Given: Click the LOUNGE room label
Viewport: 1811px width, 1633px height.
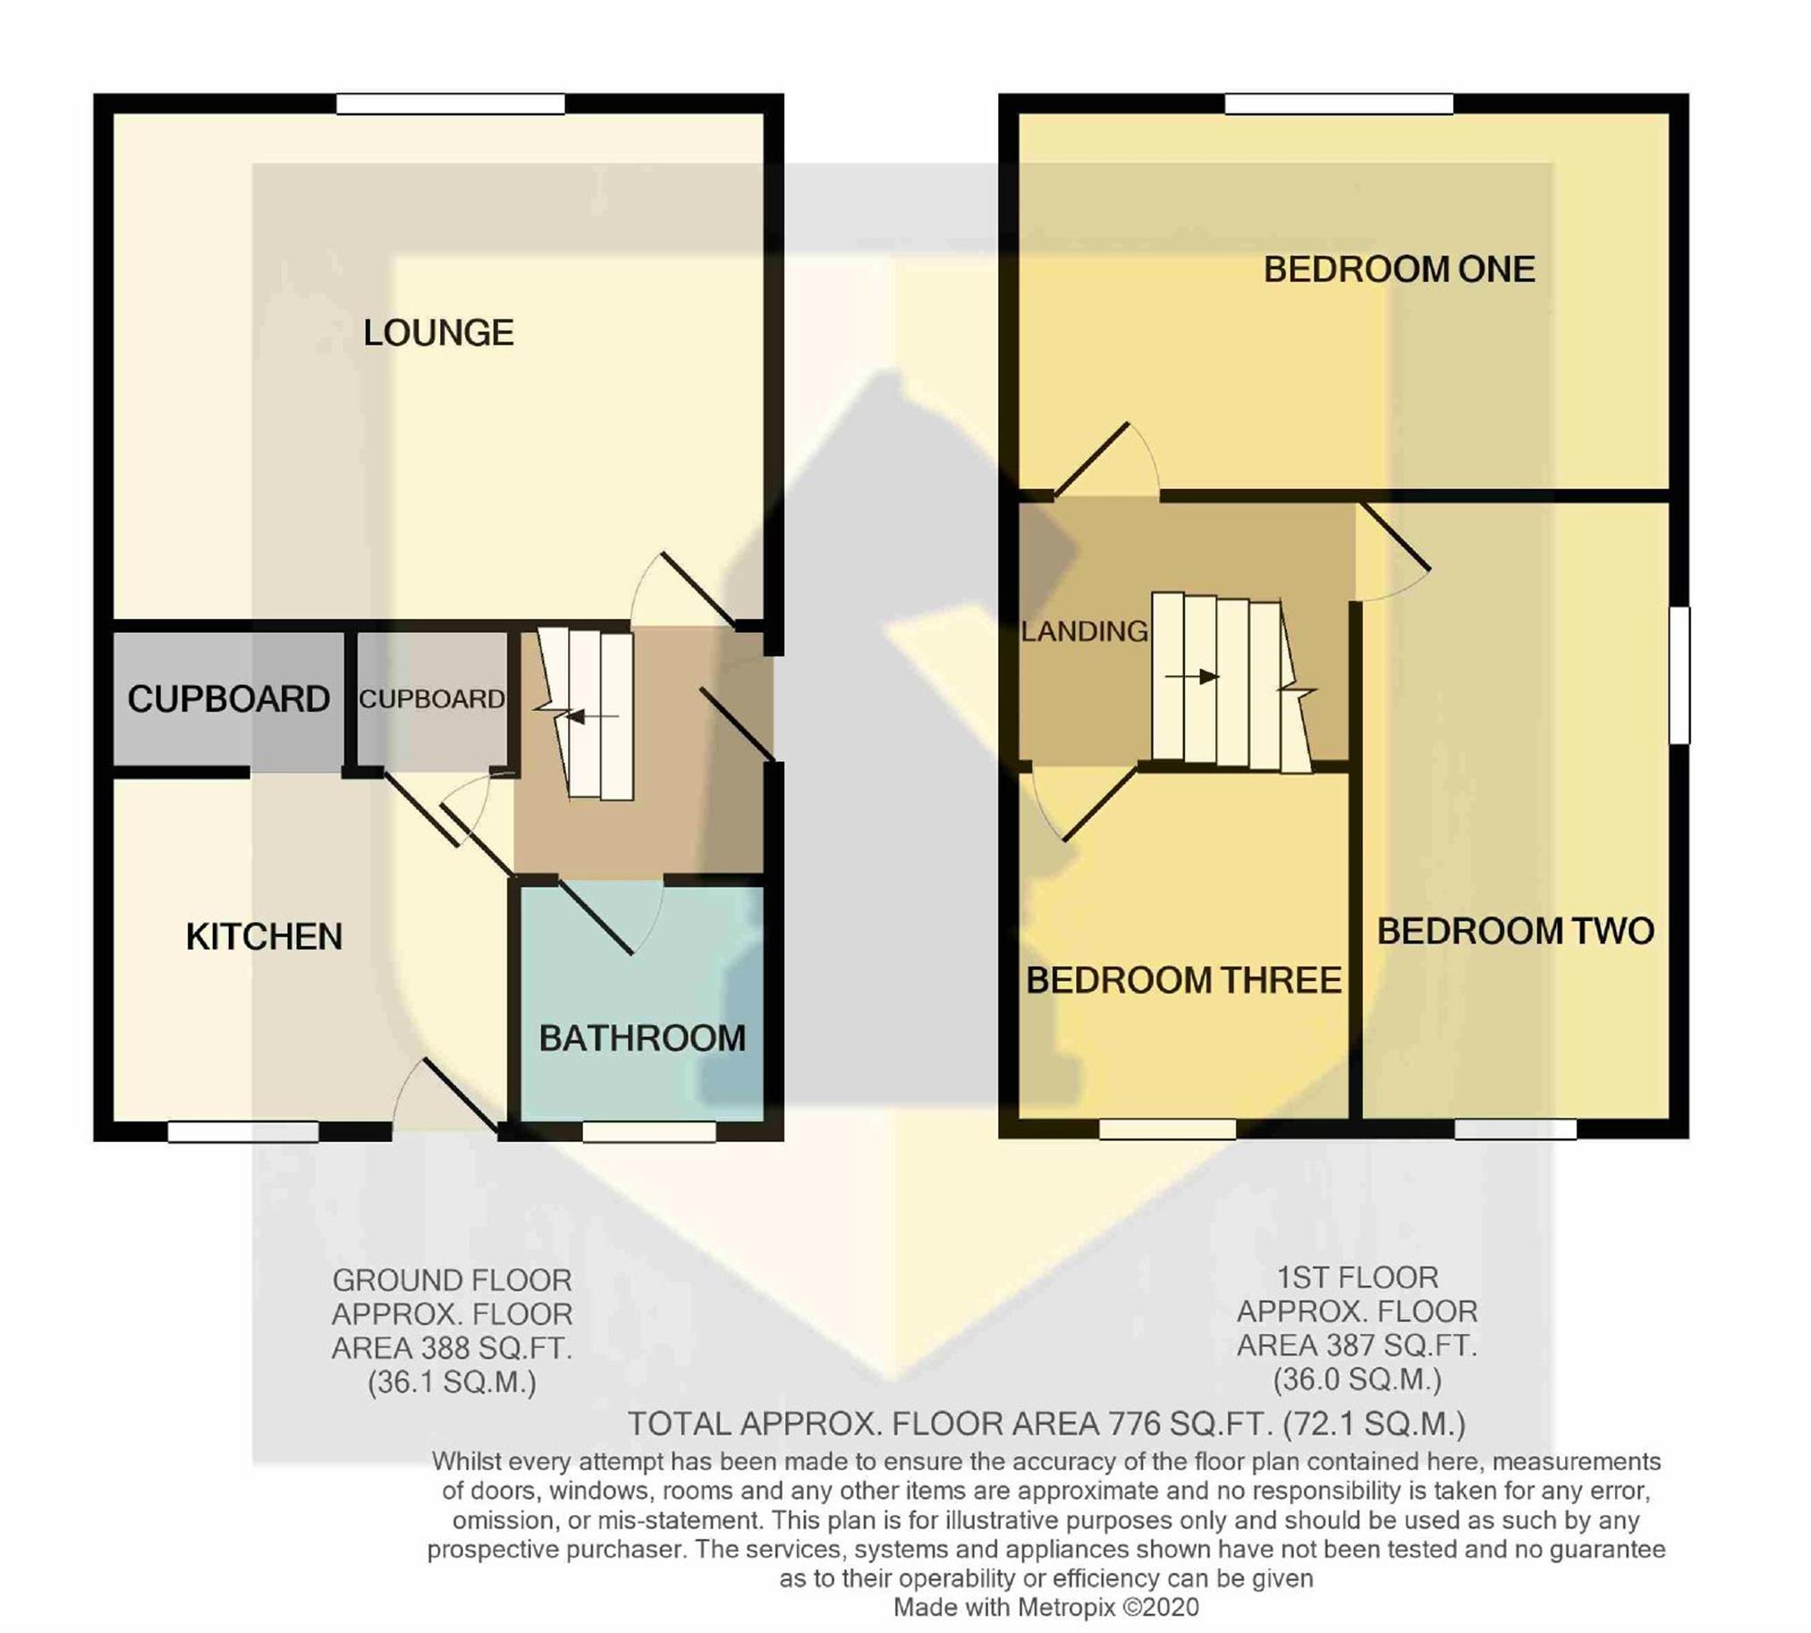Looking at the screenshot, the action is coord(438,333).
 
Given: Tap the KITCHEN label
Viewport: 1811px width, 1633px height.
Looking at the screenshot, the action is coord(264,936).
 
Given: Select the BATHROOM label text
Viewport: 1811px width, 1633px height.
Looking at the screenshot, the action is coord(641,1038).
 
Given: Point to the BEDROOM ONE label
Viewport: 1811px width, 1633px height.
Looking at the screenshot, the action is coord(1399,269).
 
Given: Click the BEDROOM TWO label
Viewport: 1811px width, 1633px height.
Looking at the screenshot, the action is coord(1516,931).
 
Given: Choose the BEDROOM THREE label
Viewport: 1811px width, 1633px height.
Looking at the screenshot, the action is coord(1184,981).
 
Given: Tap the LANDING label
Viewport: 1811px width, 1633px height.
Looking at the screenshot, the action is coord(1084,631).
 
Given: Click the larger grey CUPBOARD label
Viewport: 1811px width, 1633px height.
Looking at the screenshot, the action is coord(229,699).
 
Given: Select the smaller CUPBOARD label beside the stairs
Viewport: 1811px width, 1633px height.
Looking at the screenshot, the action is coord(432,699).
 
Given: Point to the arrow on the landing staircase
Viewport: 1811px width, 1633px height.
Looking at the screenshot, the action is coord(1192,676).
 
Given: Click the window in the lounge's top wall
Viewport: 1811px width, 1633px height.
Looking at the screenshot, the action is coord(451,104).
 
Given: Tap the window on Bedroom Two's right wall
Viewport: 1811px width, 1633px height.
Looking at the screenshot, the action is coord(1680,674).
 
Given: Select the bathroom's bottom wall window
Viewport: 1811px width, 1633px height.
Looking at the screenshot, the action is coord(650,1132).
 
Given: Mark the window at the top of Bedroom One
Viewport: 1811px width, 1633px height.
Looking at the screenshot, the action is coord(1339,104).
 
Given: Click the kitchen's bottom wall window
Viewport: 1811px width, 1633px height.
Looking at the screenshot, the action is coord(243,1132).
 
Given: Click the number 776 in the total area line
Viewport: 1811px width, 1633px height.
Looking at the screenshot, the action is coord(1138,1424).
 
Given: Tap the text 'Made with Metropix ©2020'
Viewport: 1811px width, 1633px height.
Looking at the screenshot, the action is coord(1046,1607).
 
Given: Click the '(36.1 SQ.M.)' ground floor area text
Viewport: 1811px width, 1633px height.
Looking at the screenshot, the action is coord(453,1383).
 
